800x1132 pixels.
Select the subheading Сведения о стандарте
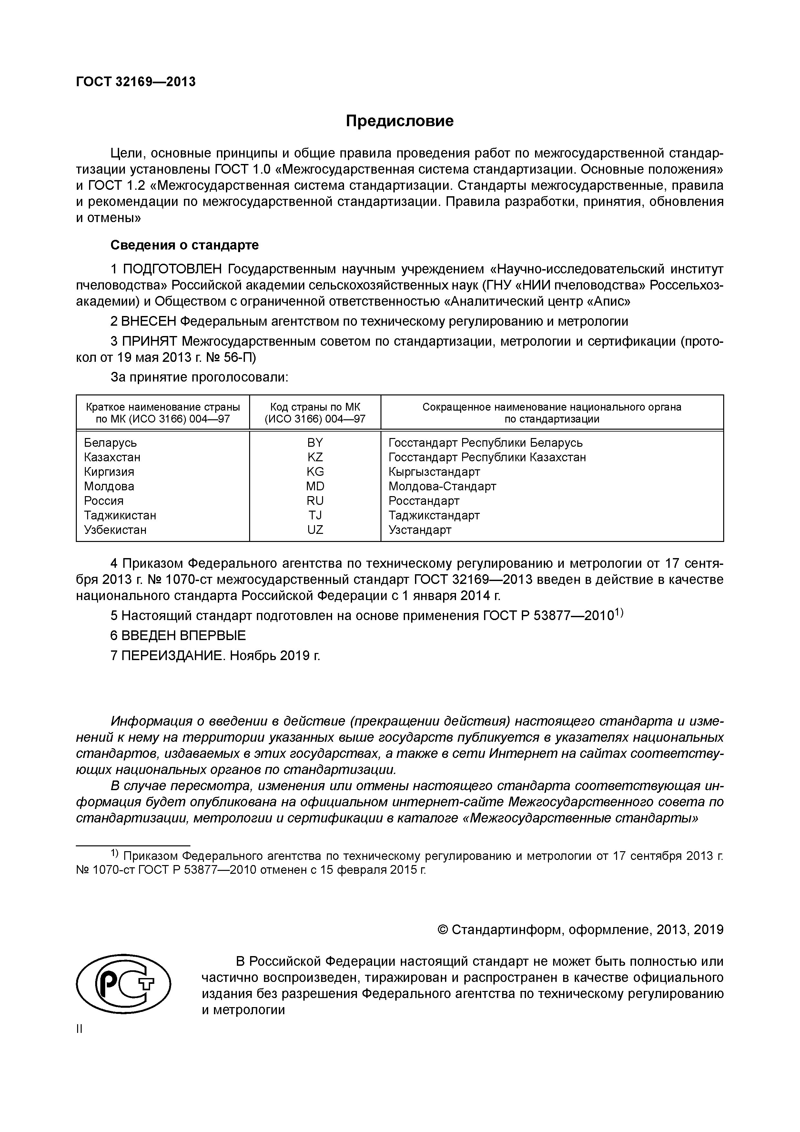184,245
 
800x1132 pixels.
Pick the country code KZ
315,457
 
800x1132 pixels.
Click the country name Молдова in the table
109,486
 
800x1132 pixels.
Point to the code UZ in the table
315,530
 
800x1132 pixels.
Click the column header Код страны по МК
315,407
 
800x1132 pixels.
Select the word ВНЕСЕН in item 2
148,321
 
